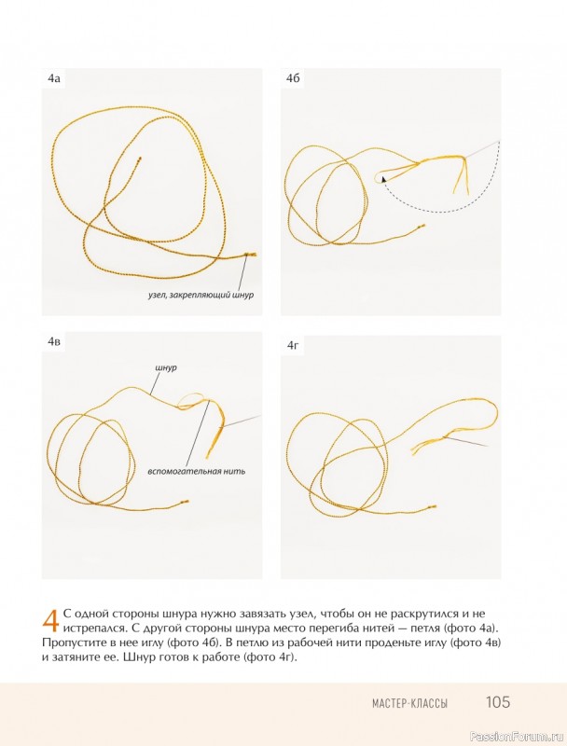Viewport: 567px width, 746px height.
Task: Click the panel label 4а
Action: (54, 79)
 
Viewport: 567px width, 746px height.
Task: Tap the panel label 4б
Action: (293, 79)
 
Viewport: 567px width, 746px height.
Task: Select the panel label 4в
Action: (54, 341)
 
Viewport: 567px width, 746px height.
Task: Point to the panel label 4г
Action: (293, 346)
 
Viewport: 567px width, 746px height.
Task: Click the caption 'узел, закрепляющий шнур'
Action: (201, 295)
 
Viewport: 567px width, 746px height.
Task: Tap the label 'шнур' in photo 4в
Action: (166, 367)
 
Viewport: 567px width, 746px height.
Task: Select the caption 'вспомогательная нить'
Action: (197, 472)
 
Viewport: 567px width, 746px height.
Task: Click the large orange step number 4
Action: (50, 620)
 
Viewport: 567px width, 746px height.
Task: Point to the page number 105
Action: (498, 702)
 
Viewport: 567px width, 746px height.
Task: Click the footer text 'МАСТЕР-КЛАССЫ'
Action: (409, 703)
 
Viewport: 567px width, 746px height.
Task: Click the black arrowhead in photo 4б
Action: (383, 179)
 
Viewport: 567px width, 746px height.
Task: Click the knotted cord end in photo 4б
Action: (421, 227)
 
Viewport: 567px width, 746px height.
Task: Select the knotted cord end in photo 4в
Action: (185, 502)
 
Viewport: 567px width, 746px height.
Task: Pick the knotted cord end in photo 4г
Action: (433, 507)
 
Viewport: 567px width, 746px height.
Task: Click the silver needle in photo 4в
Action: (242, 421)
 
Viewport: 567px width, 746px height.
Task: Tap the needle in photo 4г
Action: (467, 441)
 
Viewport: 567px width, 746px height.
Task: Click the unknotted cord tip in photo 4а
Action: (139, 159)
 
